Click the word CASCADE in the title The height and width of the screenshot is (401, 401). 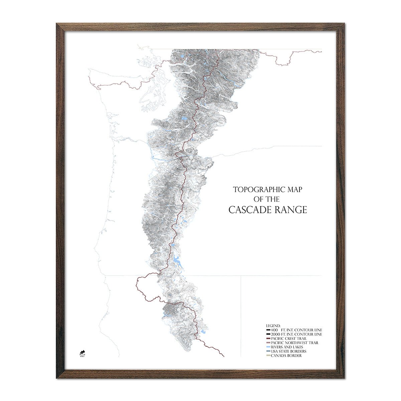tap(250, 210)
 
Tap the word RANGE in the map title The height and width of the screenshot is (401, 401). tap(290, 210)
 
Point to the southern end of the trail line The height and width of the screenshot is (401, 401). tap(224, 357)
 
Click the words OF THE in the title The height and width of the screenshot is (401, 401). tap(267, 199)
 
